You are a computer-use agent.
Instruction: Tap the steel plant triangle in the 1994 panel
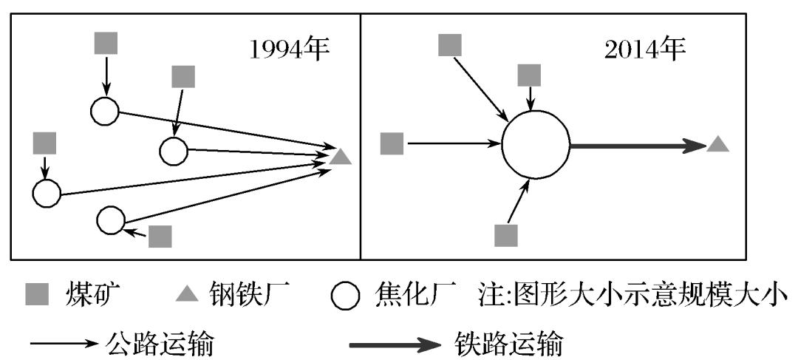pyautogui.click(x=340, y=157)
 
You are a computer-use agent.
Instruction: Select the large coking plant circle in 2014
pyautogui.click(x=536, y=144)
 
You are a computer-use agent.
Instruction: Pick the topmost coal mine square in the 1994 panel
pyautogui.click(x=106, y=42)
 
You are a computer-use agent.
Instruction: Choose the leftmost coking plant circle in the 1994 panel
pyautogui.click(x=46, y=193)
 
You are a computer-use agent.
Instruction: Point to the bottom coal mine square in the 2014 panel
pyautogui.click(x=506, y=235)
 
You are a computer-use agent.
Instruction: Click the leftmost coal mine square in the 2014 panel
pyautogui.click(x=392, y=143)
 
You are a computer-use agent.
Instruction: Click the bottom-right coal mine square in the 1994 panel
pyautogui.click(x=160, y=236)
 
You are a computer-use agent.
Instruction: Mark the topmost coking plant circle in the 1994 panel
pyautogui.click(x=105, y=112)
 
